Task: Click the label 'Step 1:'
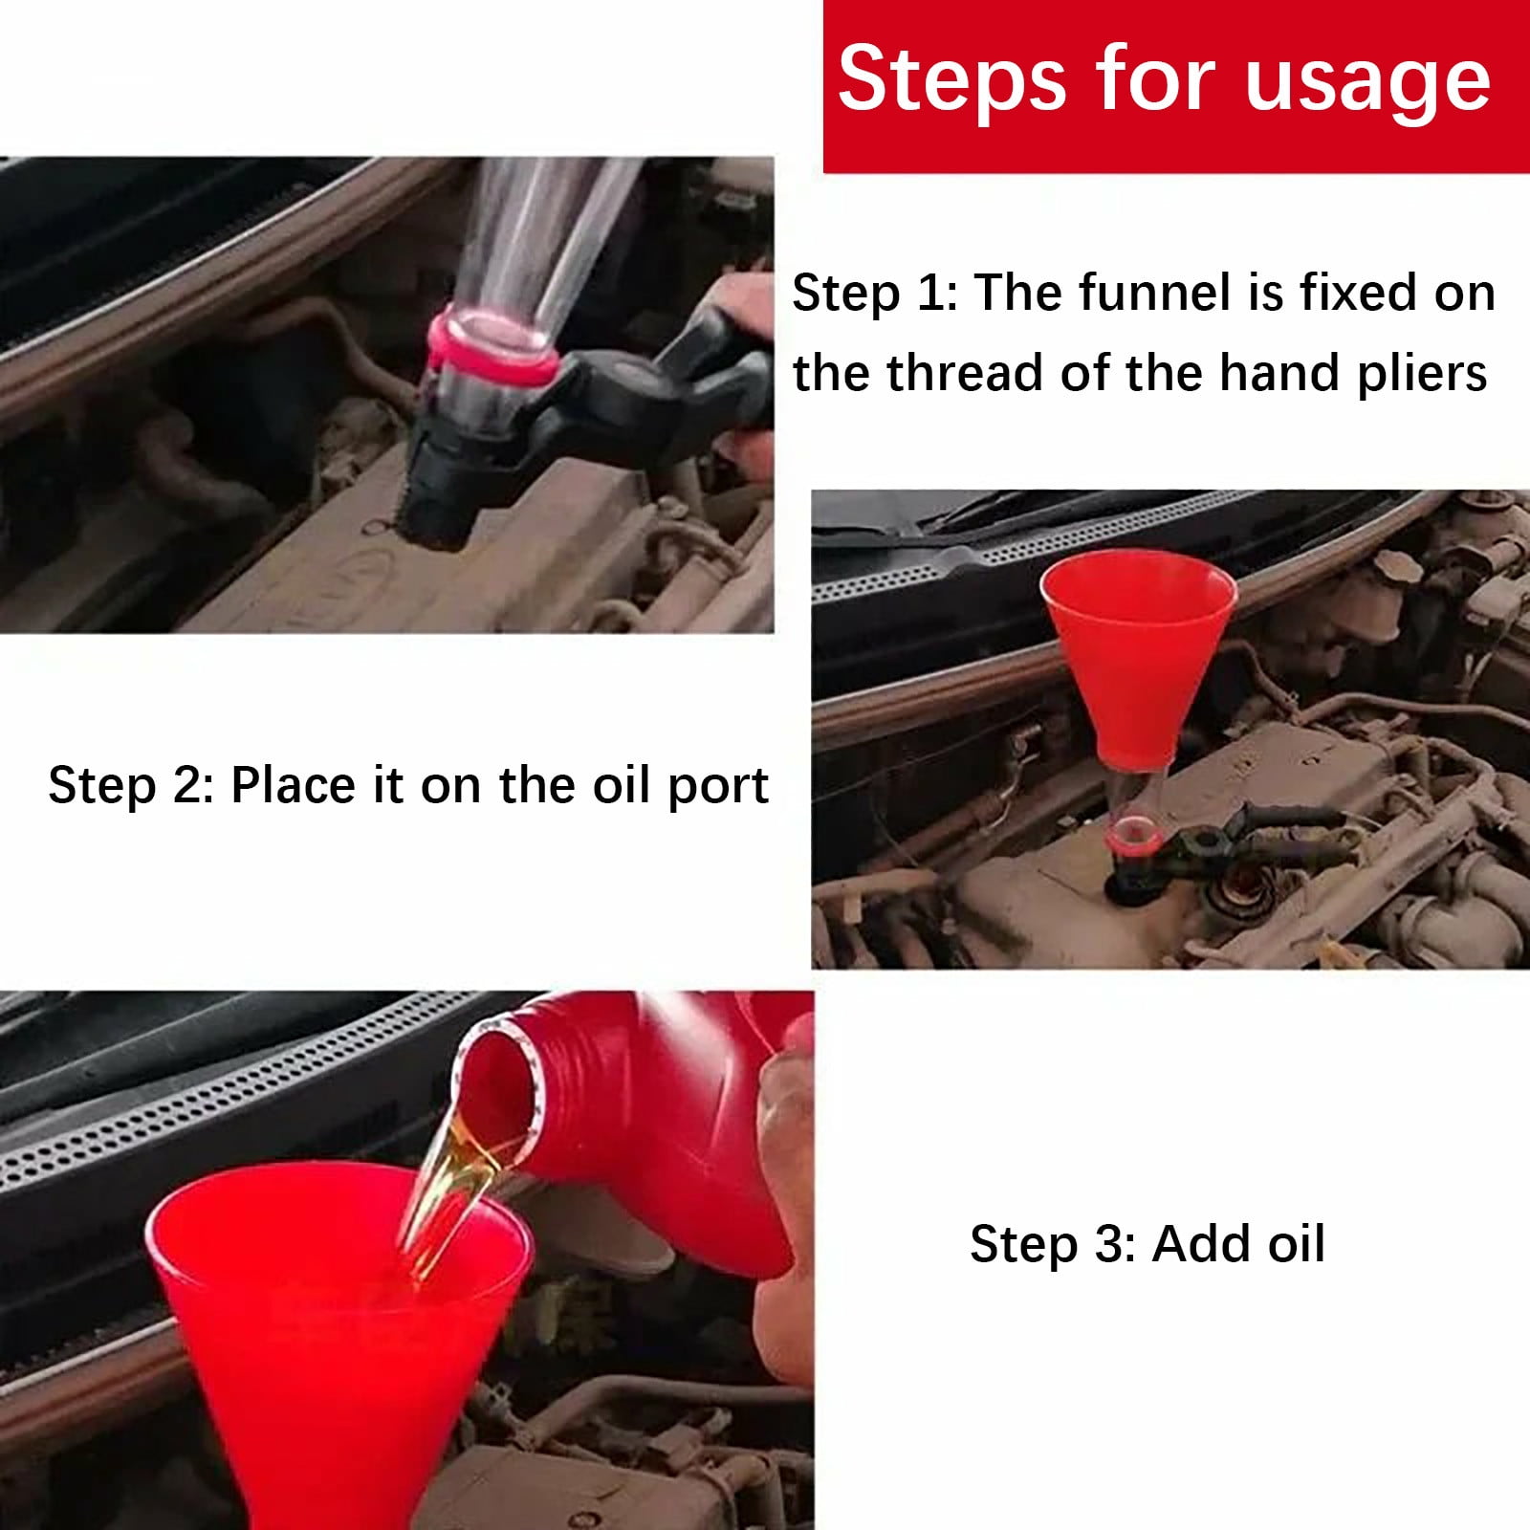pyautogui.click(x=874, y=293)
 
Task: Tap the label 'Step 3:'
pyautogui.click(x=1052, y=1244)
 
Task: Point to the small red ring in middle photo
pyautogui.click(x=1135, y=841)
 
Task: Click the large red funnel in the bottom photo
pyautogui.click(x=335, y=1339)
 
